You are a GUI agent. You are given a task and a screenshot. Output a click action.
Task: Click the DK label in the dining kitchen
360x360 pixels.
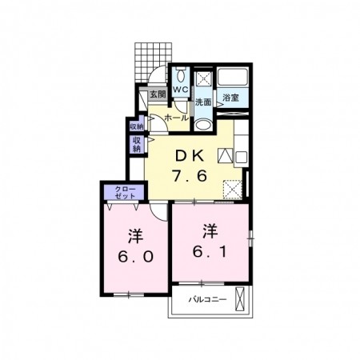pyautogui.click(x=192, y=155)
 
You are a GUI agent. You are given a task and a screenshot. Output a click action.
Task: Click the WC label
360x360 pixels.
pyautogui.click(x=180, y=90)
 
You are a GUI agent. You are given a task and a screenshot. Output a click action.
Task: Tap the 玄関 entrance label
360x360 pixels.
pyautogui.click(x=157, y=94)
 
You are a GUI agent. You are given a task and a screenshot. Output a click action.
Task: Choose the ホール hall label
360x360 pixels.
pyautogui.click(x=175, y=118)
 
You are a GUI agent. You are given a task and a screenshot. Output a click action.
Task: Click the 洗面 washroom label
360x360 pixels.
pyautogui.click(x=203, y=102)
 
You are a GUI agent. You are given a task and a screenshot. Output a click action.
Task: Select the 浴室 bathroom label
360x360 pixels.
pyautogui.click(x=231, y=98)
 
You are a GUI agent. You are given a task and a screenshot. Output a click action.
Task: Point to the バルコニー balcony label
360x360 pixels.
pyautogui.click(x=208, y=301)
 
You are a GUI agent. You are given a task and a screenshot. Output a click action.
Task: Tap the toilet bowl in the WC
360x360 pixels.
pyautogui.click(x=181, y=76)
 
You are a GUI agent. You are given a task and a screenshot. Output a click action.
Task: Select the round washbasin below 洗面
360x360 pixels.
pyautogui.click(x=203, y=123)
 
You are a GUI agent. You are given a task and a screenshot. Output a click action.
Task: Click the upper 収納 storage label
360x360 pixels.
pyautogui.click(x=136, y=126)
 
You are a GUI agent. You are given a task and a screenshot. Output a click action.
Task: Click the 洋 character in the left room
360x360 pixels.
pyautogui.click(x=134, y=237)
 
